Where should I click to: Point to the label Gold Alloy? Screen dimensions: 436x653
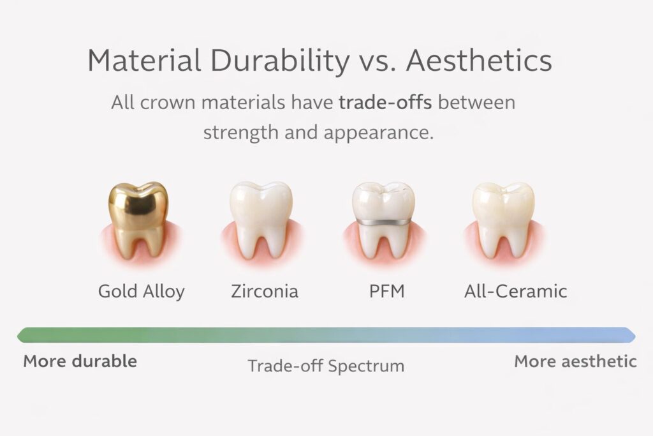pyautogui.click(x=141, y=292)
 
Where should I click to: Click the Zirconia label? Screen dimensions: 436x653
pyautogui.click(x=264, y=292)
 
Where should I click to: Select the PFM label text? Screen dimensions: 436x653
pyautogui.click(x=386, y=292)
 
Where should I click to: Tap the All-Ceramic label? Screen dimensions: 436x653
pyautogui.click(x=515, y=292)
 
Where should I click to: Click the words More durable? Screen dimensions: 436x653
pyautogui.click(x=80, y=361)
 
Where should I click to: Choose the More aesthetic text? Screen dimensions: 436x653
pyautogui.click(x=575, y=361)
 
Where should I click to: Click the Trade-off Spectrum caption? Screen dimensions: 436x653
pyautogui.click(x=326, y=366)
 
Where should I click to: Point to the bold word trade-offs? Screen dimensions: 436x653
pyautogui.click(x=385, y=102)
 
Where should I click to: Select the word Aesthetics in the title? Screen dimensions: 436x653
pyautogui.click(x=479, y=61)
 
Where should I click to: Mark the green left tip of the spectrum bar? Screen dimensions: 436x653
pyautogui.click(x=21, y=335)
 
